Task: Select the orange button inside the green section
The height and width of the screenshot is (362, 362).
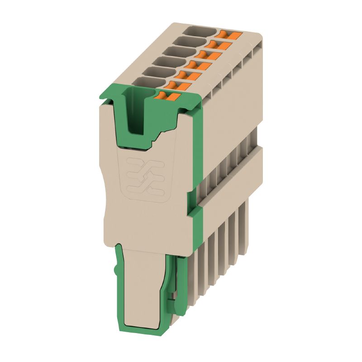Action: pos(167,95)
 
